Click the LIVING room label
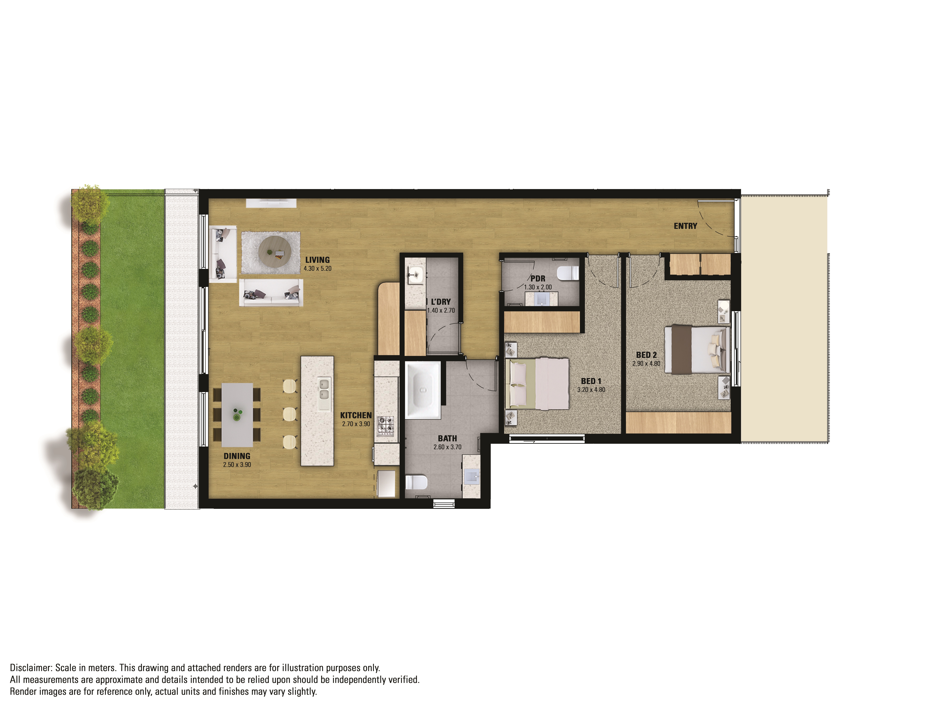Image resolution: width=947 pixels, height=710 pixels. click(317, 260)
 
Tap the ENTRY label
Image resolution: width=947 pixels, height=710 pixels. click(685, 226)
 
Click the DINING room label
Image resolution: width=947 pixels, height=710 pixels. click(237, 456)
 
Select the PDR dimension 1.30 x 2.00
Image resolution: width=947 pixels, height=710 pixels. click(538, 287)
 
